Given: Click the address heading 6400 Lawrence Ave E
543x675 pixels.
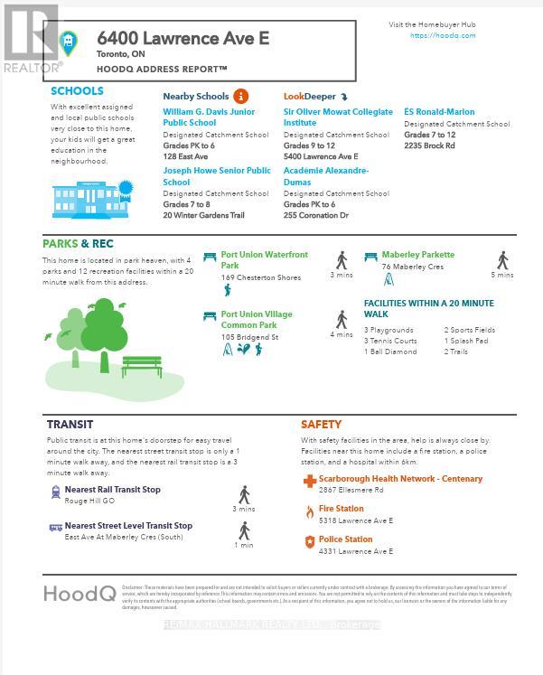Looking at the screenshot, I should click(x=183, y=38).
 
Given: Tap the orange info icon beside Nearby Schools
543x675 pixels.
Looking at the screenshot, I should click(x=240, y=96).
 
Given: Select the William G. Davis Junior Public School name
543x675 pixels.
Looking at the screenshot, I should click(x=209, y=117).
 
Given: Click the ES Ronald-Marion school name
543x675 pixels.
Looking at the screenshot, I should click(x=439, y=112).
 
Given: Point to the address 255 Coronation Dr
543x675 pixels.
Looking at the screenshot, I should click(x=315, y=216).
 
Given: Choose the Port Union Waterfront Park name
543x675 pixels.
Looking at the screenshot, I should click(x=264, y=259).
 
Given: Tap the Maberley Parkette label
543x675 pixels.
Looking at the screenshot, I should click(x=417, y=255).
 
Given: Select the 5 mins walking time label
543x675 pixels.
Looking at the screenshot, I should click(x=502, y=275).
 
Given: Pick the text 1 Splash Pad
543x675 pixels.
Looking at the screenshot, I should click(x=466, y=341).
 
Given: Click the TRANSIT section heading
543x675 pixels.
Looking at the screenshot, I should click(x=70, y=424).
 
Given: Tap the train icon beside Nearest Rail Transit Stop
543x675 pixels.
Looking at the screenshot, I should click(x=56, y=492).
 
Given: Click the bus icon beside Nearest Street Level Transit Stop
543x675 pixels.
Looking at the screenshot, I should click(x=56, y=527).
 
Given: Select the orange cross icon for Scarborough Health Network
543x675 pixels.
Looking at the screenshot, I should click(x=310, y=481).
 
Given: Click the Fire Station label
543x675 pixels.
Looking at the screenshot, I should click(x=342, y=509).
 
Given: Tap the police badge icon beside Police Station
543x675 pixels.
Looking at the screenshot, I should click(x=310, y=542).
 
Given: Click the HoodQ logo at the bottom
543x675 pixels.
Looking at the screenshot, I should click(x=80, y=593).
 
